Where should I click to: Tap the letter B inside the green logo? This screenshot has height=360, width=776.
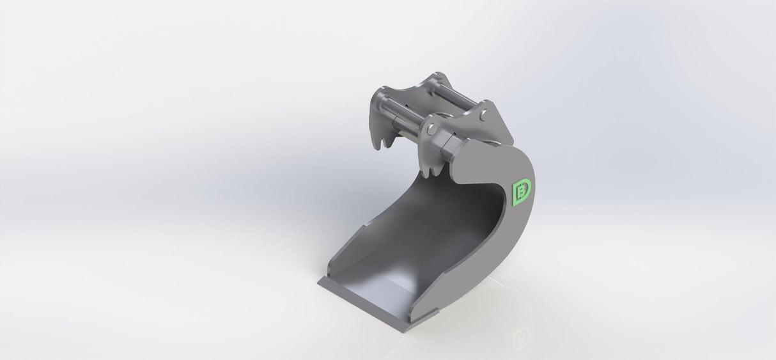point(523,190)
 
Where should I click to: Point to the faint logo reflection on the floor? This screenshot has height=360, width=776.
point(524,334)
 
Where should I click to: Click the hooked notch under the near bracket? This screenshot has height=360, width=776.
point(432,169)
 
